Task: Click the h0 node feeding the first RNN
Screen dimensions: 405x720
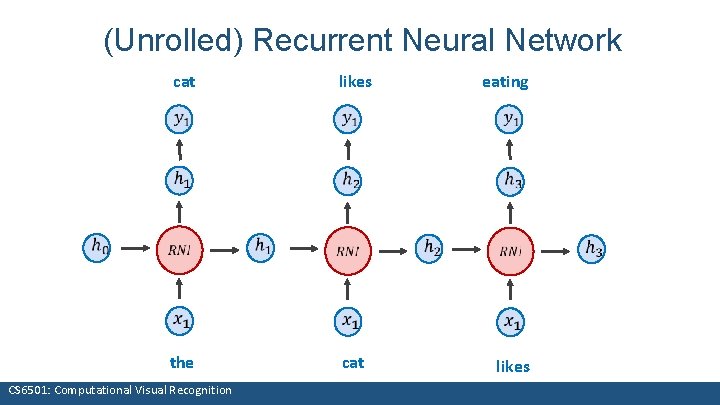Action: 98,245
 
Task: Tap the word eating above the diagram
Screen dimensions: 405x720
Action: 505,82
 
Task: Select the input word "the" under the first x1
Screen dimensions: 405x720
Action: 181,362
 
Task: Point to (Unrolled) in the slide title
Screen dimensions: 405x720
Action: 174,41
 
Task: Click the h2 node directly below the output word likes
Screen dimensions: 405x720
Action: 347,181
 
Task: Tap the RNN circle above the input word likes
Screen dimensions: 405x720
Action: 512,248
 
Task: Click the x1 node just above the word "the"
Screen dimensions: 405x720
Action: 181,320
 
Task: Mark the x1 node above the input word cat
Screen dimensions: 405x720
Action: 347,320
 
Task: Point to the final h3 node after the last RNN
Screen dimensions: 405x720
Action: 593,247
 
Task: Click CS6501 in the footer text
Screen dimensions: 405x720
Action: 31,390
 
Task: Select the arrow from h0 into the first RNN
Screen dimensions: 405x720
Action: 132,247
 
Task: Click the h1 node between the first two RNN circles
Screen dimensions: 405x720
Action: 263,245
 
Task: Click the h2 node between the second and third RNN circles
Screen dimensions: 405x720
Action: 430,246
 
